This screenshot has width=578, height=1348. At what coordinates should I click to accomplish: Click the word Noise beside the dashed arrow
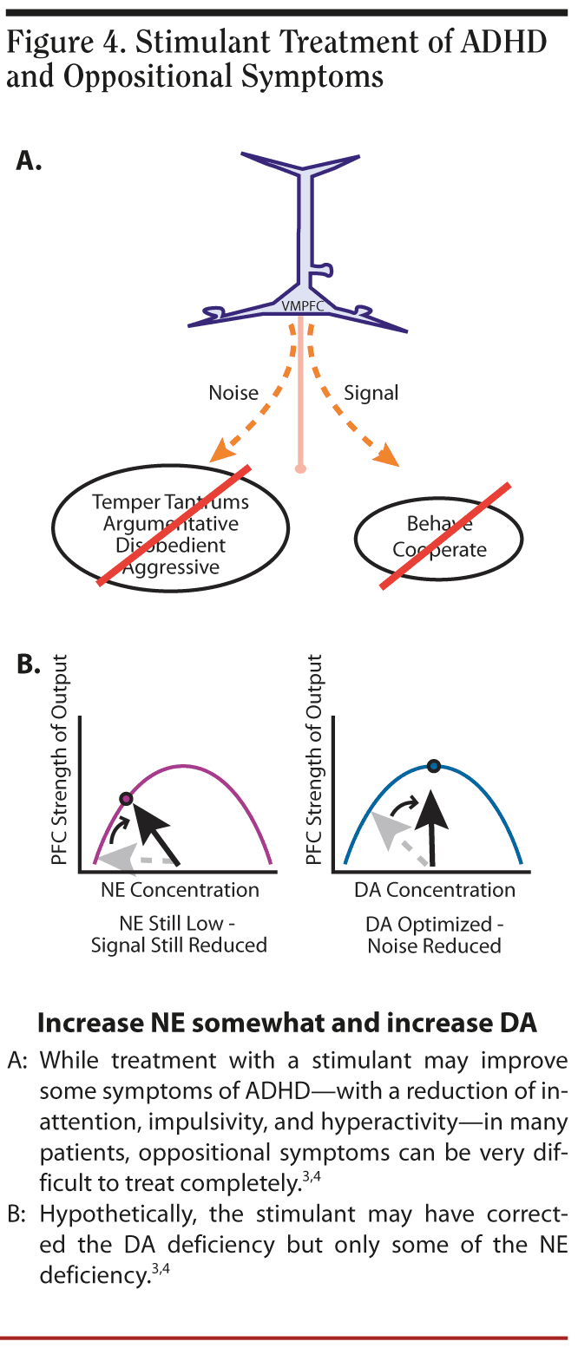tap(233, 393)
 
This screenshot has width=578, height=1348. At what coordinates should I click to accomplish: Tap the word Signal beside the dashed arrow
tap(371, 393)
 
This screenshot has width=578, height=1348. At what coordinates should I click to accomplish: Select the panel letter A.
tap(30, 162)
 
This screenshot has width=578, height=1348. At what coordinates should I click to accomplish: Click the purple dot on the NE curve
tap(126, 798)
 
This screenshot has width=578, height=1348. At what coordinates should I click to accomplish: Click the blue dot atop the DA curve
tap(434, 766)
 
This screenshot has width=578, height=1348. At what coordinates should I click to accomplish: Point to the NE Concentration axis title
tap(180, 890)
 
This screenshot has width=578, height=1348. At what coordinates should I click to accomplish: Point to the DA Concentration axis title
tap(434, 890)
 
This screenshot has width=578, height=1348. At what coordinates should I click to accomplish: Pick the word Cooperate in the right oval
tap(439, 550)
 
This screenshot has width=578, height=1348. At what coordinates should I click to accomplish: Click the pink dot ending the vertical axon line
tap(300, 469)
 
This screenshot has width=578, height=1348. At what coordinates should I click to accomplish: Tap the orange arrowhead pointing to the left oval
tap(223, 450)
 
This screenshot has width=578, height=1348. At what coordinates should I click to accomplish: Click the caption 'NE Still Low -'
tap(180, 923)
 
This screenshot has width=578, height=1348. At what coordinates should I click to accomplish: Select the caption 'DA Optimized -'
tap(434, 923)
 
